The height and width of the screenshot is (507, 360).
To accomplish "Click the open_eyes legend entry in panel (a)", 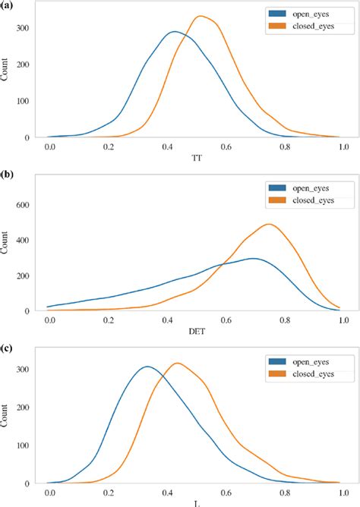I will point(306,14).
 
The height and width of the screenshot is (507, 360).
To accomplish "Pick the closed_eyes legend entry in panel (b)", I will point(306,200).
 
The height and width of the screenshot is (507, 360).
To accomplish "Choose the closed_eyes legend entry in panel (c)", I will point(306,374).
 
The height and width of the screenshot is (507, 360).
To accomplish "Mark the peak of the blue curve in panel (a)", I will point(174,32).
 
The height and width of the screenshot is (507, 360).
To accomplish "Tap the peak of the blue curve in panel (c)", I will point(147,367).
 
